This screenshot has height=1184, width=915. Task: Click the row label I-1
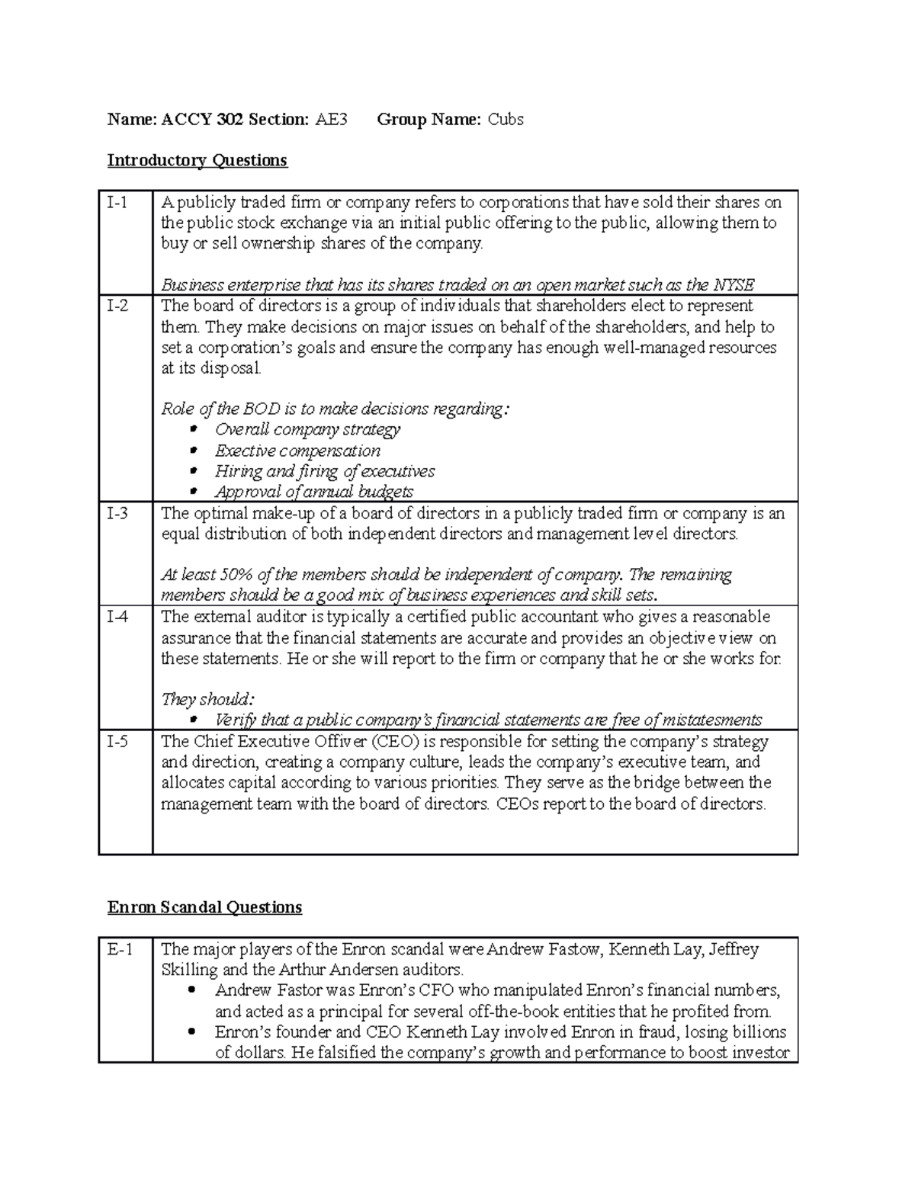pyautogui.click(x=117, y=203)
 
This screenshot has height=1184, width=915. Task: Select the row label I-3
pyautogui.click(x=117, y=513)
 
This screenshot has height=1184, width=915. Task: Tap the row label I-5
pyautogui.click(x=117, y=741)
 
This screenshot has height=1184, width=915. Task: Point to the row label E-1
pyautogui.click(x=120, y=949)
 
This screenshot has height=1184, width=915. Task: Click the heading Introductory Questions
pyautogui.click(x=197, y=160)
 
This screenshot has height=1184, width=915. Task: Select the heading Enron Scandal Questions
pyautogui.click(x=204, y=907)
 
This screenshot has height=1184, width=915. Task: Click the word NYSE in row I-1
pyautogui.click(x=734, y=285)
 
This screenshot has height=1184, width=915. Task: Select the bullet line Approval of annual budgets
pyautogui.click(x=313, y=492)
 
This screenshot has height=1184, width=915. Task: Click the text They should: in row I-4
pyautogui.click(x=207, y=699)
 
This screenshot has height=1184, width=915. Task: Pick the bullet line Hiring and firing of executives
pyautogui.click(x=324, y=471)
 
